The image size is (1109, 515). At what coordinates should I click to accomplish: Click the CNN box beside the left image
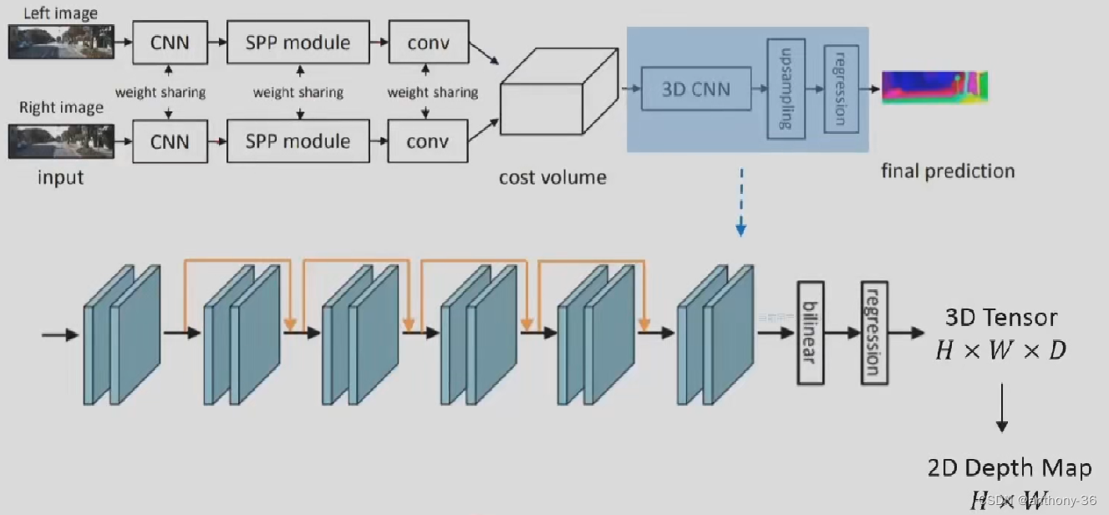(x=169, y=42)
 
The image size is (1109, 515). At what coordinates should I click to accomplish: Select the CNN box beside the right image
(x=169, y=141)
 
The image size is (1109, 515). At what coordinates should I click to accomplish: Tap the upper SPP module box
(x=298, y=42)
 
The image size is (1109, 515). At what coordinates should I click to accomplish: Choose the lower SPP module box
(x=298, y=141)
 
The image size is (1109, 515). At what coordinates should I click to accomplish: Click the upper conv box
(x=427, y=42)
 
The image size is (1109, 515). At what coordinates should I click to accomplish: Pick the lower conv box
(x=427, y=141)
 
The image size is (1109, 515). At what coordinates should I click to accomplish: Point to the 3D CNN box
(x=695, y=89)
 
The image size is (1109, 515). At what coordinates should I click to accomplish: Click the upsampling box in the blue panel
(x=786, y=88)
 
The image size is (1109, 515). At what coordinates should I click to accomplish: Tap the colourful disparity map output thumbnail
(x=934, y=87)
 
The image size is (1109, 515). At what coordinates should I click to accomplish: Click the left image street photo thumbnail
(x=60, y=41)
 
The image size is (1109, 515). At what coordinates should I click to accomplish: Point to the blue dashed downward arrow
(x=740, y=201)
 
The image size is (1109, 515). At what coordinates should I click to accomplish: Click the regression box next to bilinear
(x=873, y=332)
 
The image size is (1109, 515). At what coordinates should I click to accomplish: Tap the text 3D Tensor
(x=1000, y=318)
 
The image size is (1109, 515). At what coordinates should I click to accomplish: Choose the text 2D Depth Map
(x=1009, y=468)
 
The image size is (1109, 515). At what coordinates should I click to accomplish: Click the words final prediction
(x=947, y=171)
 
